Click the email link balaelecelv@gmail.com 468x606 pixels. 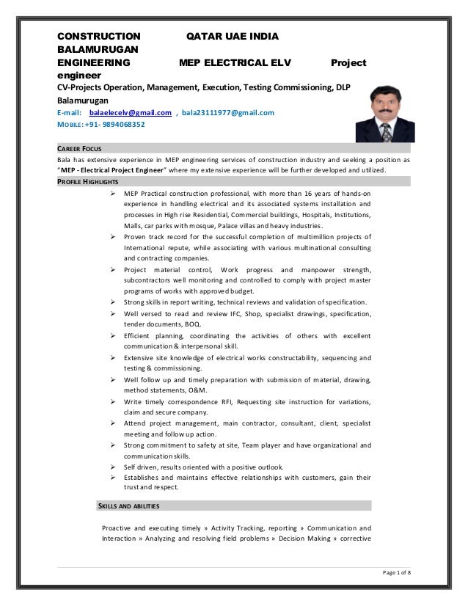click(130, 113)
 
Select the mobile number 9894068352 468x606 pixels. click(117, 125)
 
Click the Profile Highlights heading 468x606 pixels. click(89, 181)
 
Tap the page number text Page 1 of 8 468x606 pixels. click(393, 573)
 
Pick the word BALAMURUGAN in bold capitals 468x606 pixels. click(98, 48)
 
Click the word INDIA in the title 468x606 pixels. click(262, 36)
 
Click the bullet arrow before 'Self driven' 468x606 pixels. click(113, 467)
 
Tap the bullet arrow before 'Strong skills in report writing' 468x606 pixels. click(113, 302)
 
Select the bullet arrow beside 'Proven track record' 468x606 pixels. click(113, 236)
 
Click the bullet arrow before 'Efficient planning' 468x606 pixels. click(113, 335)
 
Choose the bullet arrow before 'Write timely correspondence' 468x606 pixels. click(113, 401)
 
